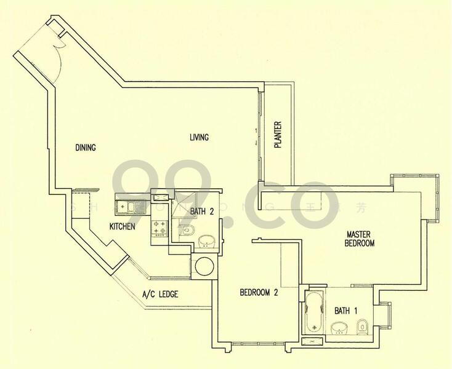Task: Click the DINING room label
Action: (x=86, y=147)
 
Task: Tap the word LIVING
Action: (x=199, y=137)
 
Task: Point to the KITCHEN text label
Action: (x=122, y=227)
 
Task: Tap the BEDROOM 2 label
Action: (x=259, y=293)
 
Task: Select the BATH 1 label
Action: (x=345, y=311)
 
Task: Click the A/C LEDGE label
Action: (x=159, y=295)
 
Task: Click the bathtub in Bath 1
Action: (x=313, y=312)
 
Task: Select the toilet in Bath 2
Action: (x=189, y=231)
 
